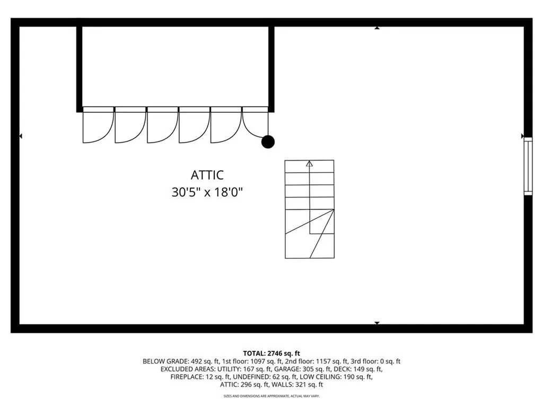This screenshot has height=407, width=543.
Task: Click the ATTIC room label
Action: click(207, 175)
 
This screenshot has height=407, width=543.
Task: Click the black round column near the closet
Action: click(268, 141)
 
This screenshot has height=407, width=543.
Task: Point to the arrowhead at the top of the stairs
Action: click(310, 164)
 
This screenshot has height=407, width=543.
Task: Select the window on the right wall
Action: click(528, 166)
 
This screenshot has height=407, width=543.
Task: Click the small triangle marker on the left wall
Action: click(20, 136)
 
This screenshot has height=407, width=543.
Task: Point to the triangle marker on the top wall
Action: click(377, 28)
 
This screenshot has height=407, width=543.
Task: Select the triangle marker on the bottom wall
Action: click(377, 323)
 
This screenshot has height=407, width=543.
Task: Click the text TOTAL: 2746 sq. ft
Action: click(271, 353)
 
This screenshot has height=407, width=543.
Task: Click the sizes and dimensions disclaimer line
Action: click(271, 396)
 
